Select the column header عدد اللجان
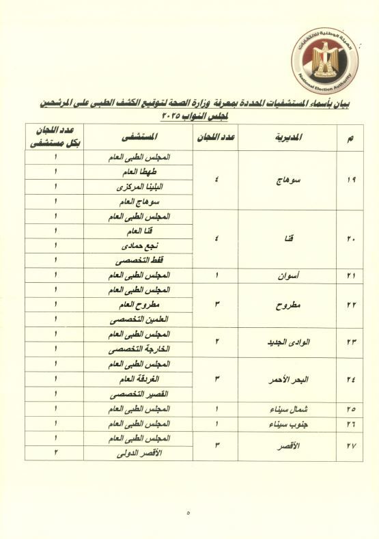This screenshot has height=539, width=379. [217, 137]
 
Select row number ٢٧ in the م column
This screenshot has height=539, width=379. [350, 446]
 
